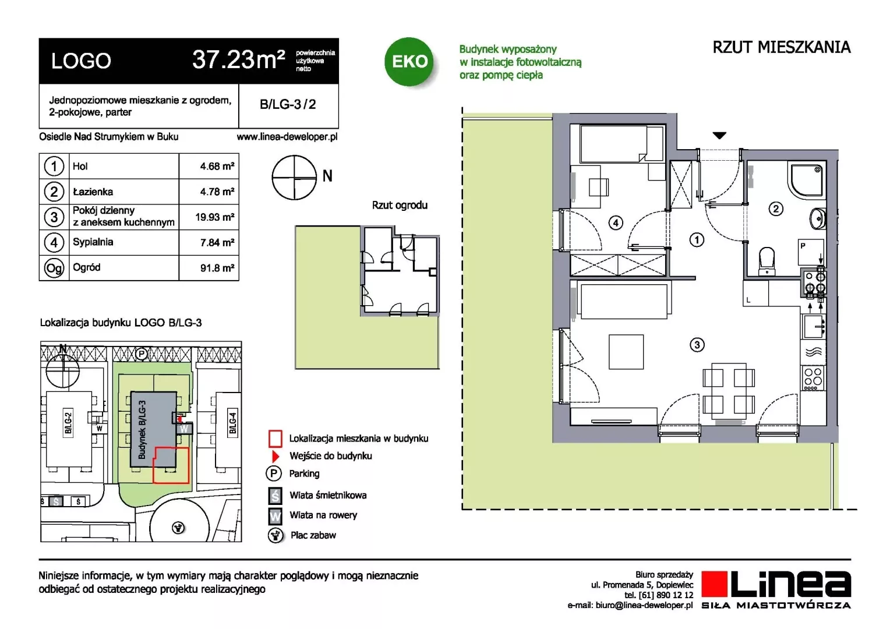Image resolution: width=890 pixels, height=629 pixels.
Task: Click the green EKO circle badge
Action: (409, 62)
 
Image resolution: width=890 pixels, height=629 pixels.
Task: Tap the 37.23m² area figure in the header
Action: (238, 59)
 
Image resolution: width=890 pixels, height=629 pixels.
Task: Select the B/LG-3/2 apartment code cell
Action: (288, 104)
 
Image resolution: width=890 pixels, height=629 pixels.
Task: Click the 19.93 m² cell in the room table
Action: (214, 217)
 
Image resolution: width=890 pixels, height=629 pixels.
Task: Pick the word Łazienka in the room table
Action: (93, 192)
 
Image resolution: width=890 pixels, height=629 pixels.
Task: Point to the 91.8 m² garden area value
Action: (217, 268)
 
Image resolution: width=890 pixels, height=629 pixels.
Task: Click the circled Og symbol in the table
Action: (54, 268)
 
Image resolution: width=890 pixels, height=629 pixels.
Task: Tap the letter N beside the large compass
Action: (327, 176)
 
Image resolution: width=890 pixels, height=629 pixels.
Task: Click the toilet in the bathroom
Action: (767, 262)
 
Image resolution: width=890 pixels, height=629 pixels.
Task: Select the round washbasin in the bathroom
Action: (818, 218)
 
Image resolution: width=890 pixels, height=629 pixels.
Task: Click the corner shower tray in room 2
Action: (807, 181)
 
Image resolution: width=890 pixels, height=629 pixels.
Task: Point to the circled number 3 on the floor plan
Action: (697, 345)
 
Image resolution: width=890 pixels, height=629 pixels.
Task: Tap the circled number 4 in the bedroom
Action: (616, 223)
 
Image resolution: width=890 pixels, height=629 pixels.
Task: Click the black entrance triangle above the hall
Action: (719, 136)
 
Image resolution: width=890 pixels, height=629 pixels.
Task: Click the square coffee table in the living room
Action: (626, 352)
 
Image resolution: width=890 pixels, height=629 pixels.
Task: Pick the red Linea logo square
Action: (714, 584)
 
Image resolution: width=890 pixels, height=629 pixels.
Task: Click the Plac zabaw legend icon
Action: (275, 535)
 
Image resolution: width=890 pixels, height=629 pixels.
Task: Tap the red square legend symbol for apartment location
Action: (276, 439)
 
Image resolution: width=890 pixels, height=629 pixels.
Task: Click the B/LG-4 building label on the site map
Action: (233, 423)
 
